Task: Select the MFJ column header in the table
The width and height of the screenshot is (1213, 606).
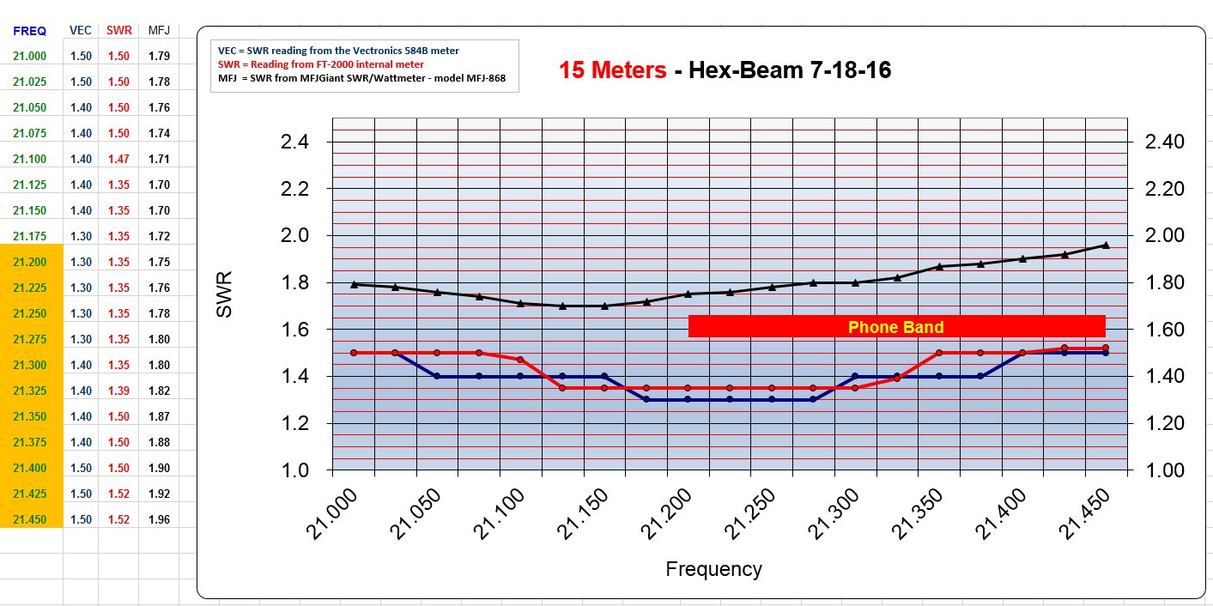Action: coord(159,31)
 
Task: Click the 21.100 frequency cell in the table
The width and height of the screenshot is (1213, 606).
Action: coord(31,159)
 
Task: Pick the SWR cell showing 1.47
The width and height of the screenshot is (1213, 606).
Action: coord(118,159)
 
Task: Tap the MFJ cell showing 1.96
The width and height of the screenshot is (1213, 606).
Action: coord(159,519)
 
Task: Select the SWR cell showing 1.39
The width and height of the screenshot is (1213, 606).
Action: coord(118,391)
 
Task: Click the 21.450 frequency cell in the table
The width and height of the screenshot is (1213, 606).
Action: coord(31,519)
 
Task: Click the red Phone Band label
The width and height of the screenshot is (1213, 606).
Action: coord(895,327)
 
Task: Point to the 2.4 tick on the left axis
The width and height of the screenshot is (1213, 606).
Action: coord(294,142)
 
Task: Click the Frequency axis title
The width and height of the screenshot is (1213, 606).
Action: coord(713,569)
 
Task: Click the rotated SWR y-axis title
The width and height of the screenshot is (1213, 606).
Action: coord(225,295)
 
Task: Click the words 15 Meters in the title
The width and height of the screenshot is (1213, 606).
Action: coord(612,70)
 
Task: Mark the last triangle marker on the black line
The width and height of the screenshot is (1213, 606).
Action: coord(1105,245)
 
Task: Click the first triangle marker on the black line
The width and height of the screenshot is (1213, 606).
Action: coord(354,284)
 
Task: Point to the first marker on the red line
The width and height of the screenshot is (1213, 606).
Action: coord(354,353)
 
